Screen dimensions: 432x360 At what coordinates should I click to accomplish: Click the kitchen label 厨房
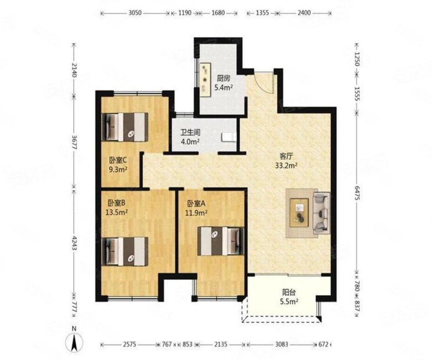tap(223, 79)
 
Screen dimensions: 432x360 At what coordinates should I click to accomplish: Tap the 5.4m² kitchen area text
tap(223, 88)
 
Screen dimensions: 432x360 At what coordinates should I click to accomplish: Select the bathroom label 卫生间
tap(190, 132)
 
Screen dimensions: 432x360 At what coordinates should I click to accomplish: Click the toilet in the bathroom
tap(228, 137)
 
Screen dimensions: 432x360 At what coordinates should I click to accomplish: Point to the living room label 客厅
tap(286, 156)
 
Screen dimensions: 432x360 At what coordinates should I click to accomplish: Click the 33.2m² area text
tap(286, 166)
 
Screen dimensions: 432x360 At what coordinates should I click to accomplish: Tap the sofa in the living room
tap(322, 213)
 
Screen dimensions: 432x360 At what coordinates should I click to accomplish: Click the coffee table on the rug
tap(299, 212)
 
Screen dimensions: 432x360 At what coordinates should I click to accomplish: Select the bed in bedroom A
tap(221, 241)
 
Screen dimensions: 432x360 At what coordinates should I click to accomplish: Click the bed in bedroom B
tap(125, 251)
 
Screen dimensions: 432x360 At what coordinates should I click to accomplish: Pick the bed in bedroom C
tap(125, 127)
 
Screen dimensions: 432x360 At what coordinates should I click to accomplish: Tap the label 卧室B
tap(116, 203)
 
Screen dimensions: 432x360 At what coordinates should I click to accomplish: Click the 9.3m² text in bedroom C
tap(118, 169)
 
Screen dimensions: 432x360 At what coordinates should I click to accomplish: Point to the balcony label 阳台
tap(289, 292)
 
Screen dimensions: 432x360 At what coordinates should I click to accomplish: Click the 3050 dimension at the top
tap(135, 13)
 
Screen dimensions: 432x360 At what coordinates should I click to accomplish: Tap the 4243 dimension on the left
tap(74, 243)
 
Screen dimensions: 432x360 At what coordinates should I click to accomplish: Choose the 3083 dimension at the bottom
tap(281, 344)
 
